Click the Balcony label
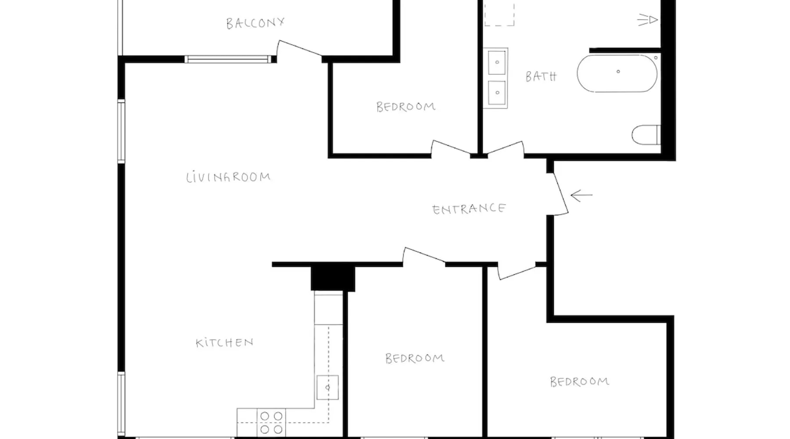click(255, 23)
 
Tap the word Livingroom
click(228, 177)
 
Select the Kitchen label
click(224, 342)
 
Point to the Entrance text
click(469, 209)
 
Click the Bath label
click(541, 76)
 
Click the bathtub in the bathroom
click(617, 73)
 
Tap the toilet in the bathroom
click(646, 135)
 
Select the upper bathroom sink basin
click(497, 62)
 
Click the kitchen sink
click(327, 387)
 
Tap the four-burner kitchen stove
click(271, 422)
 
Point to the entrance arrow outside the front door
click(582, 195)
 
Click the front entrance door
click(560, 194)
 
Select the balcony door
click(300, 48)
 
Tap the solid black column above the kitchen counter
click(333, 278)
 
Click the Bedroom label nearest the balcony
click(406, 107)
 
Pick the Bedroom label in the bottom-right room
click(580, 381)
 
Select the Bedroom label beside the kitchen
click(415, 358)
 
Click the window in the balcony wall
click(228, 59)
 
